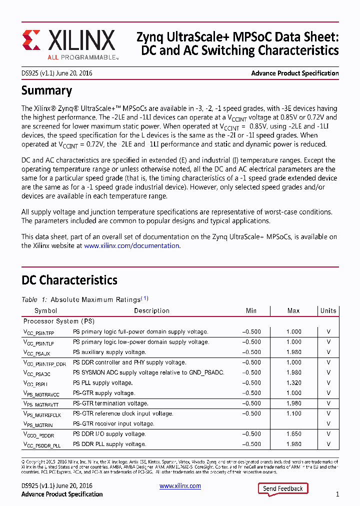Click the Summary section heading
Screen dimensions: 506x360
[x=46, y=90]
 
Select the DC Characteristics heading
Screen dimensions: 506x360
[x=69, y=280]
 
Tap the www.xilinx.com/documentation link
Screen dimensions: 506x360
[x=131, y=245]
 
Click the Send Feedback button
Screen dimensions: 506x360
[x=282, y=488]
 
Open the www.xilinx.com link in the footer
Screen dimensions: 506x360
[x=180, y=486]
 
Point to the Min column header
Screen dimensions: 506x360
[x=251, y=310]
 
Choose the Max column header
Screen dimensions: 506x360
[x=293, y=310]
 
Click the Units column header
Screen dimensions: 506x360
[x=328, y=310]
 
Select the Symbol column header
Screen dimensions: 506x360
[x=46, y=310]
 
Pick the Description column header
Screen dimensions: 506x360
[x=151, y=310]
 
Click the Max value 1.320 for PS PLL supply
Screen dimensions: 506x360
[x=293, y=383]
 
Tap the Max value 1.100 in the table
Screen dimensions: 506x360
[x=293, y=413]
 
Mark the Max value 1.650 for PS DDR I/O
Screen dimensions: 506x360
[x=293, y=434]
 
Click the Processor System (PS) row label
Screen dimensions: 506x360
[x=58, y=321]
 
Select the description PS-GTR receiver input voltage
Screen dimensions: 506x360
[x=113, y=423]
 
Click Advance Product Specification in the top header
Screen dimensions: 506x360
[x=295, y=73]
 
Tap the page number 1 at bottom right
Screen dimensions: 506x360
[x=337, y=494]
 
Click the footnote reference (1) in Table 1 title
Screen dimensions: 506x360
[x=144, y=298]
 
